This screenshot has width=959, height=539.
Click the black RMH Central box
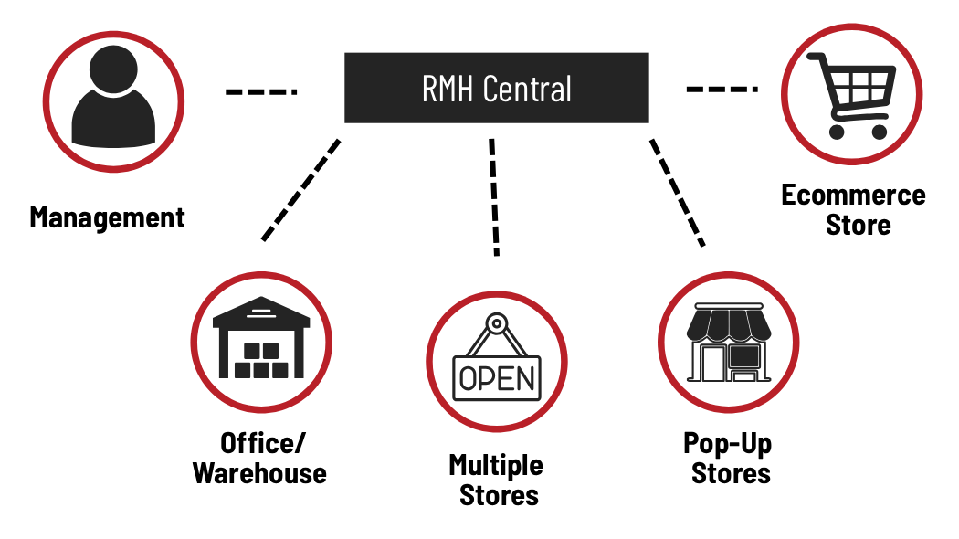[x=496, y=88]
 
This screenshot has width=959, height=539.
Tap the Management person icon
[x=113, y=98]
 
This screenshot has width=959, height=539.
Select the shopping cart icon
[x=850, y=95]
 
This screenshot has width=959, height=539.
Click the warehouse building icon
[x=261, y=338]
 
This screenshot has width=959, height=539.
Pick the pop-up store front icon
[x=729, y=342]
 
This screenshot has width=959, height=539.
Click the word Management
[x=107, y=217]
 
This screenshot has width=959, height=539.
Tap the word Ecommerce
[x=853, y=196]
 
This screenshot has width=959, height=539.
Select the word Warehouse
[x=260, y=473]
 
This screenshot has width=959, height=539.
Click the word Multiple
[x=496, y=466]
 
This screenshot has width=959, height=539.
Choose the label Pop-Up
[x=728, y=444]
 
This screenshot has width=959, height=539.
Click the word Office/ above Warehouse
[x=262, y=444]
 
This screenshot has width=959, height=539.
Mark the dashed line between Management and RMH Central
[x=261, y=91]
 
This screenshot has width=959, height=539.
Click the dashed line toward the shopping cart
[x=722, y=90]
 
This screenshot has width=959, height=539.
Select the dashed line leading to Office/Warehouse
[x=300, y=190]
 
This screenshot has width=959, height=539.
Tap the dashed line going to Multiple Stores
[x=494, y=197]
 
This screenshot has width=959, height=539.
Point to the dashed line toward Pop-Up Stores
[x=677, y=193]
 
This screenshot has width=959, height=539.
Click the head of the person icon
[x=113, y=69]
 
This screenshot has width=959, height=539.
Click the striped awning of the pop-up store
[x=729, y=325]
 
